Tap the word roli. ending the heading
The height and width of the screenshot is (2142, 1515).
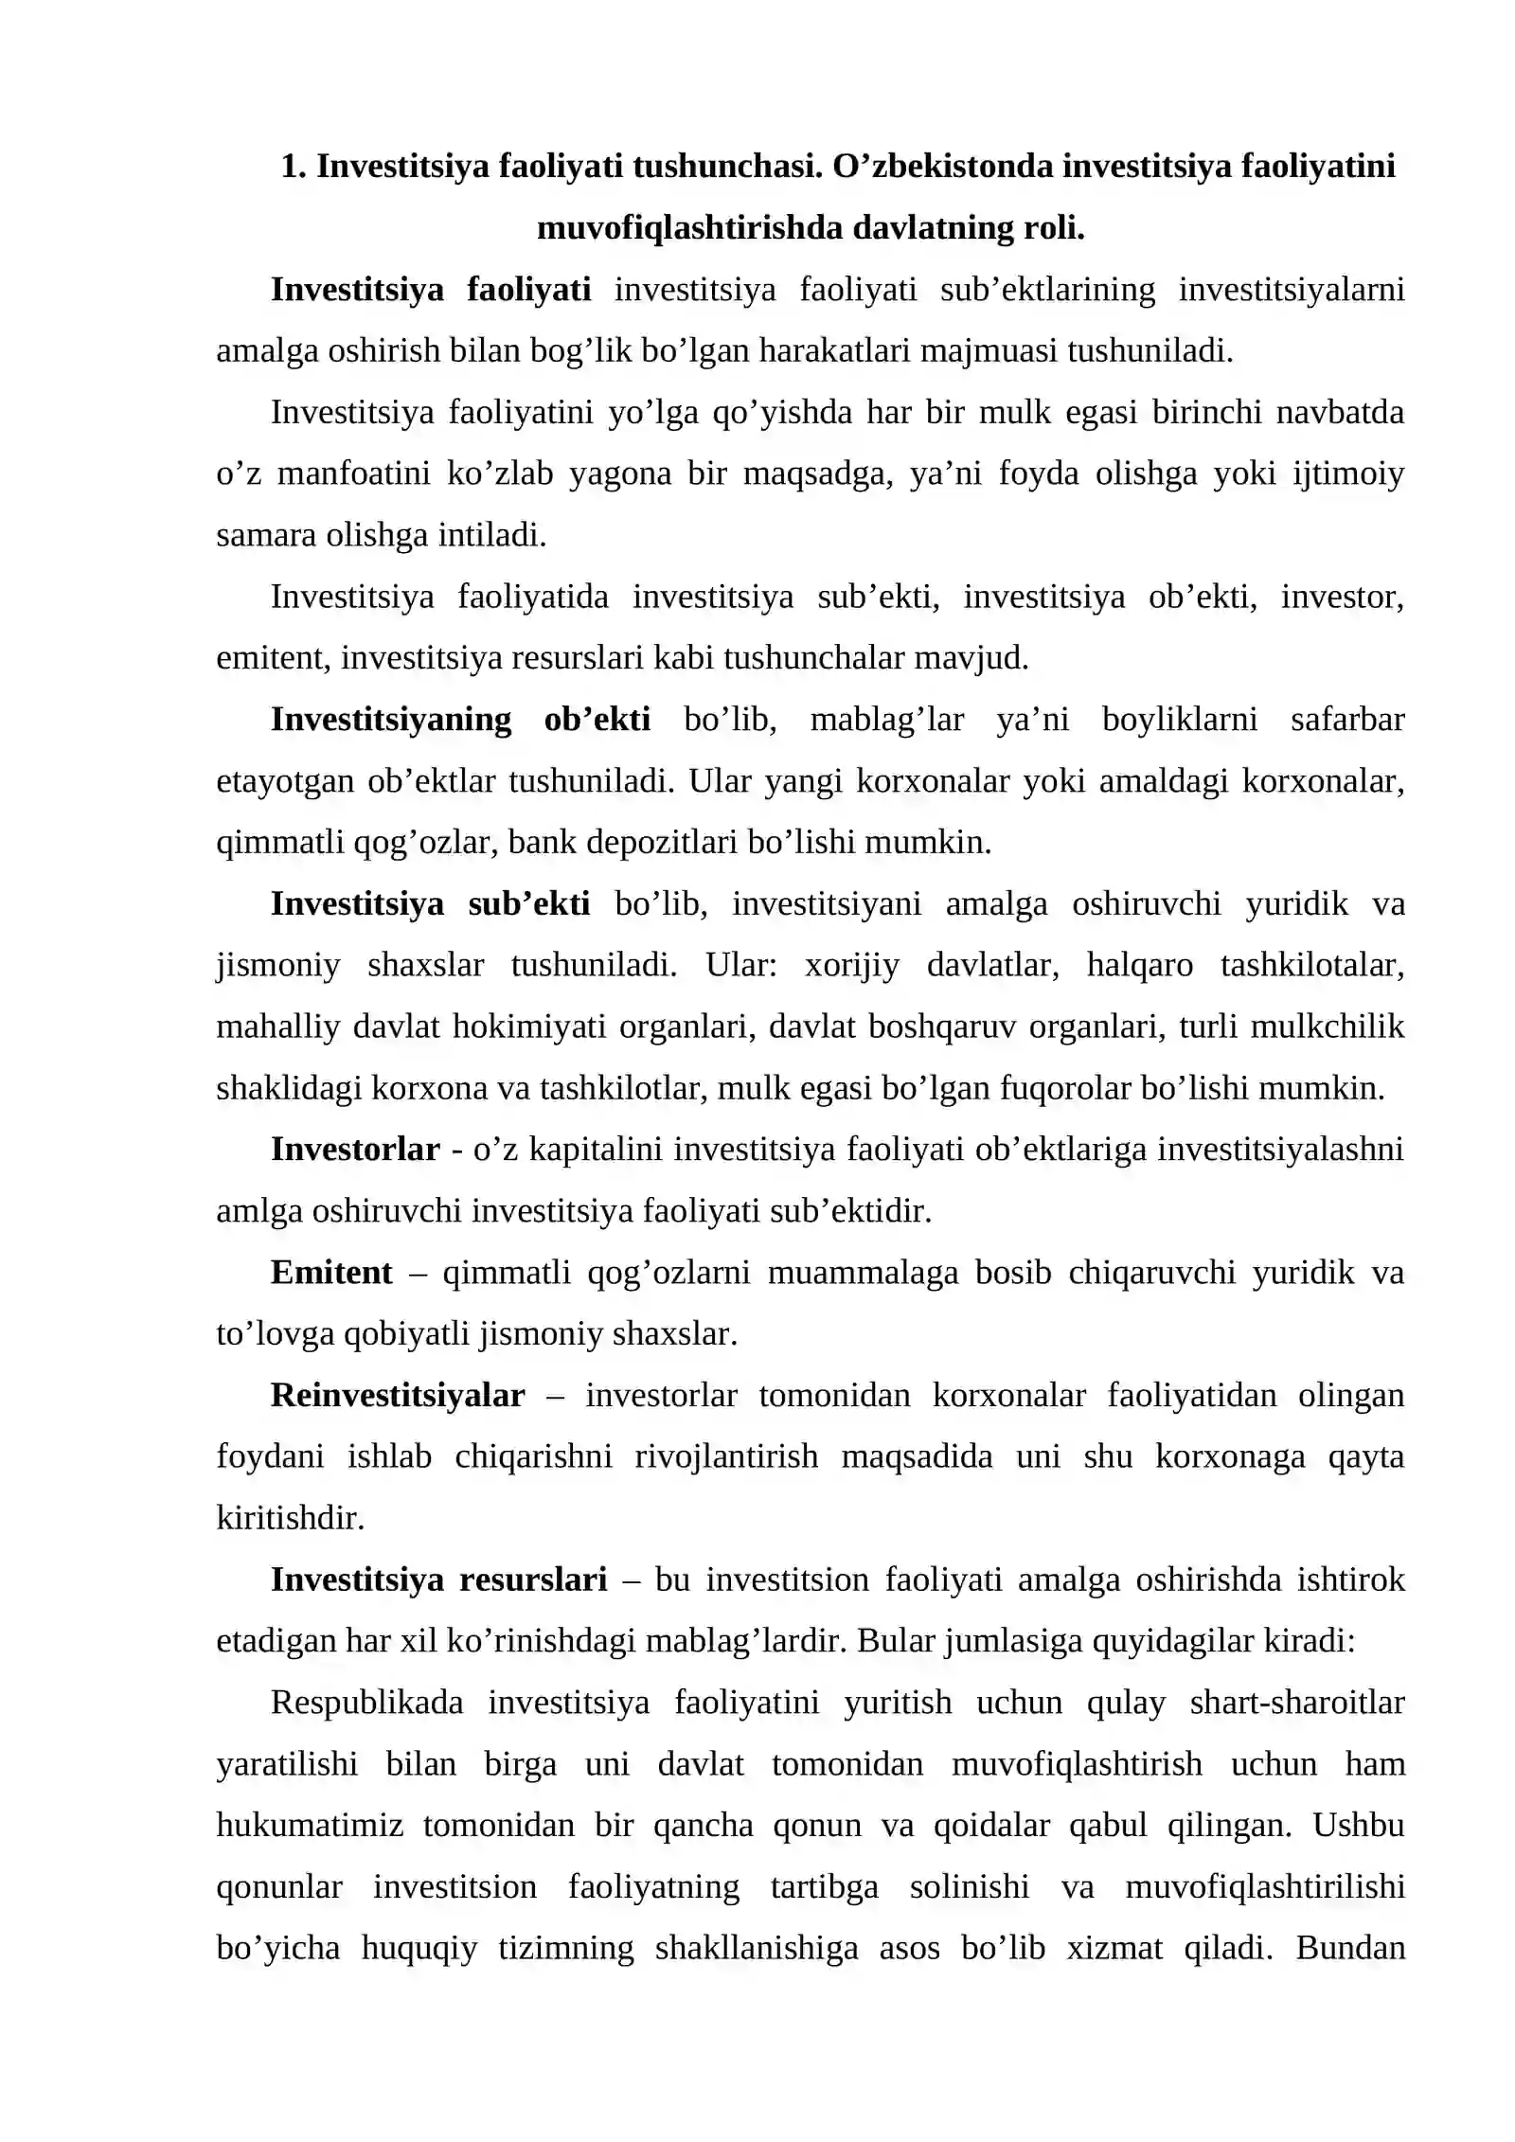click(x=1053, y=228)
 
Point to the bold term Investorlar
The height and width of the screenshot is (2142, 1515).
click(x=355, y=1150)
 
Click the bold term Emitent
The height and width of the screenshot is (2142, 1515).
click(x=331, y=1273)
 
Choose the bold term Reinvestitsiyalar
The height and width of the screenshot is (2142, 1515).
click(x=398, y=1396)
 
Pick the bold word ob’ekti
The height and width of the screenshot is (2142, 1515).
click(x=597, y=720)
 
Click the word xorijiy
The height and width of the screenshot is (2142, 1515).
click(x=851, y=965)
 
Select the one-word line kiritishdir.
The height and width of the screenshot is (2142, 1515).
click(x=291, y=1519)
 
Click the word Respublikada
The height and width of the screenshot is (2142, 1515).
click(x=366, y=1703)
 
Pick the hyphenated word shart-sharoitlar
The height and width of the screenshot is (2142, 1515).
click(x=1297, y=1703)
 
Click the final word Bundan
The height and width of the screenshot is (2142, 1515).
click(x=1350, y=1949)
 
